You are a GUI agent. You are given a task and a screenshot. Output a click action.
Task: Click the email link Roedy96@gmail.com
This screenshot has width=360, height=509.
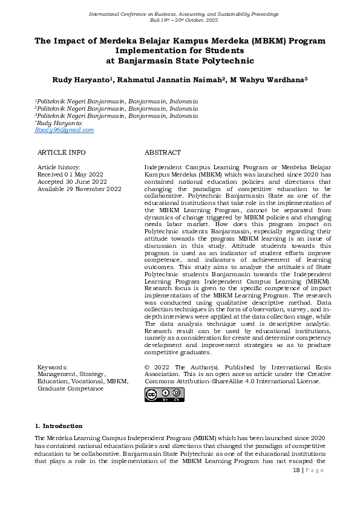point(64,130)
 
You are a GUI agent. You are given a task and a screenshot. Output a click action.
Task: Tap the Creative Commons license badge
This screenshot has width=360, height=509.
point(164,395)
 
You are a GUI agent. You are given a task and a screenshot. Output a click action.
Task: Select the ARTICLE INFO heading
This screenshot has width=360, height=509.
point(61,153)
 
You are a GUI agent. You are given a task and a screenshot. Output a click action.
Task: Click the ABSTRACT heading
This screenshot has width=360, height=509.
point(162,153)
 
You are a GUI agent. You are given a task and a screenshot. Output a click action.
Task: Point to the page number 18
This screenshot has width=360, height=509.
point(296,470)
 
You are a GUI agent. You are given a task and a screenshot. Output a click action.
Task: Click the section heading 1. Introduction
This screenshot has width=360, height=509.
point(59,426)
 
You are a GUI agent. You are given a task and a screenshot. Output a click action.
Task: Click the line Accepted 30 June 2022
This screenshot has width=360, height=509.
point(72,181)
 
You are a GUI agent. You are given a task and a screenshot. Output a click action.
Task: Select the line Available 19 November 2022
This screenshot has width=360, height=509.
point(79,189)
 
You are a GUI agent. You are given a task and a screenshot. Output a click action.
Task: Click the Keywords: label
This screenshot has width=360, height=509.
point(53,367)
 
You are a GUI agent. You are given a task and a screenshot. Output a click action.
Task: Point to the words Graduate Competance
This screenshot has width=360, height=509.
point(70,389)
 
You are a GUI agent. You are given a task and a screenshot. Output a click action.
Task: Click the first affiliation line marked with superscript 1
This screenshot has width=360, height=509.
point(116,101)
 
